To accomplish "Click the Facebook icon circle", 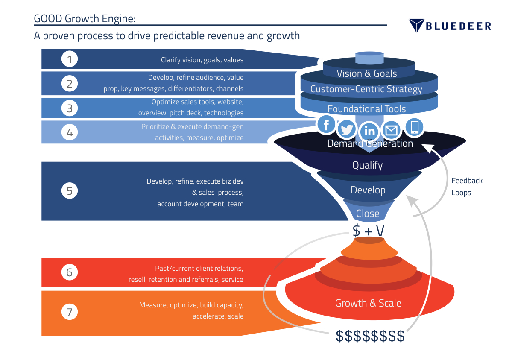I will [x=327, y=125].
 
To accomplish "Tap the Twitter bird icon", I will [x=347, y=129].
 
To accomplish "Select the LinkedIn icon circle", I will [x=369, y=130].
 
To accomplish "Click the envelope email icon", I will [x=391, y=130].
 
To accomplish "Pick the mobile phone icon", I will [x=414, y=127].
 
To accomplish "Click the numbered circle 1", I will [x=70, y=59].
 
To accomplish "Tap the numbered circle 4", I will [x=70, y=132].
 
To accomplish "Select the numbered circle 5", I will [x=70, y=191].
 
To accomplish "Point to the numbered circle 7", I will [x=70, y=312].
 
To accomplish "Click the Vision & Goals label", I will [x=367, y=73].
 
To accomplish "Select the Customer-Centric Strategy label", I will [x=366, y=89].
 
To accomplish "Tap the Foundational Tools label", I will [x=366, y=109].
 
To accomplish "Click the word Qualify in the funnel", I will [x=367, y=165].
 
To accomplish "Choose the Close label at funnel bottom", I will [x=368, y=213].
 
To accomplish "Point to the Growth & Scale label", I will [x=368, y=303].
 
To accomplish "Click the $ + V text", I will [x=368, y=231].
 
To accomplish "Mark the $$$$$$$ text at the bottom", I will [x=370, y=336].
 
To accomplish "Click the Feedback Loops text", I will [x=467, y=187].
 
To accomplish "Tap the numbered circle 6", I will [x=70, y=272].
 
